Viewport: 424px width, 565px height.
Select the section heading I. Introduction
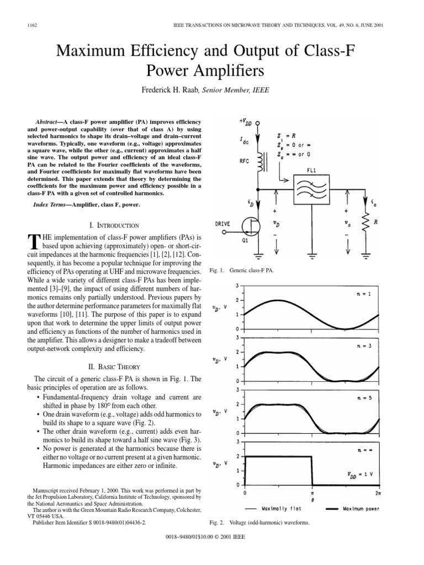pyautogui.click(x=110, y=225)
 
